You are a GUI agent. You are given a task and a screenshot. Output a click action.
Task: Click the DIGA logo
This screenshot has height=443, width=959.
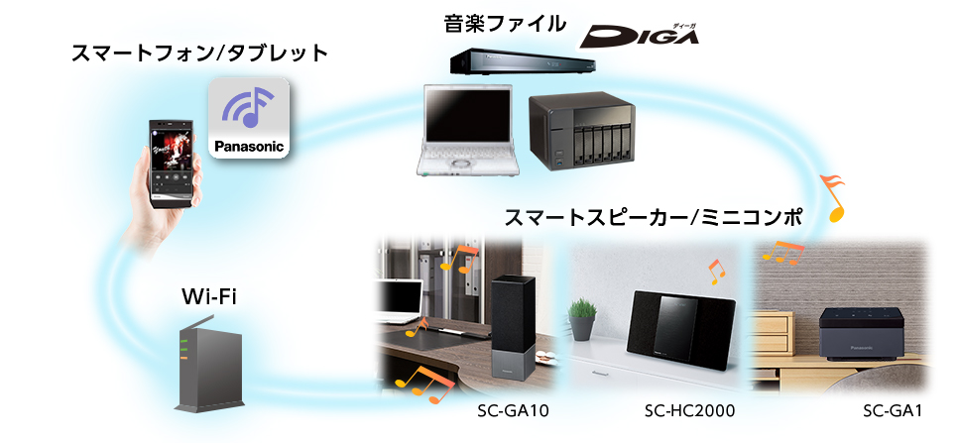[640, 36]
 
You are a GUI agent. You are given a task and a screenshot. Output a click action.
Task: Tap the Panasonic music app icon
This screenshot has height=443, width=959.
[249, 118]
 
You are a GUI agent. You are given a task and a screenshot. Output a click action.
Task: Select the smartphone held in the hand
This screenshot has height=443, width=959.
[175, 164]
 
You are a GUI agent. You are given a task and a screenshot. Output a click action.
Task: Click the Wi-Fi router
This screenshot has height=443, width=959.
[208, 366]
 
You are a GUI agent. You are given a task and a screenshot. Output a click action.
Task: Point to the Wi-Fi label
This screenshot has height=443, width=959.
[209, 297]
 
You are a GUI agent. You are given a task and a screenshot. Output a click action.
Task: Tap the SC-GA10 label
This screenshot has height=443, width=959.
[513, 411]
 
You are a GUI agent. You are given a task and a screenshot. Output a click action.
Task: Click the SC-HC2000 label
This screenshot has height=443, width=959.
[689, 411]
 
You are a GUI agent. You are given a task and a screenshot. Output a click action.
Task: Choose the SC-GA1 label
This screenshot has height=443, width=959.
[892, 411]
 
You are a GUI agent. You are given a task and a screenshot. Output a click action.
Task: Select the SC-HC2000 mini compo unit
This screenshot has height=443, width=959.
[681, 331]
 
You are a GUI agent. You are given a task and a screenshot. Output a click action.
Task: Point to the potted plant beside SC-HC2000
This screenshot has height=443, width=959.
[581, 319]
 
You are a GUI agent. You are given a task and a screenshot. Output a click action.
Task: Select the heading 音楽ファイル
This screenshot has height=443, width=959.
[505, 24]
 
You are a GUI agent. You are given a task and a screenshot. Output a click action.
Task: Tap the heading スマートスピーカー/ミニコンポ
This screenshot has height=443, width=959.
[653, 217]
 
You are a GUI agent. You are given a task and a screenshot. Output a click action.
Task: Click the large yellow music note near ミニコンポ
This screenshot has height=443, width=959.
[833, 197]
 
